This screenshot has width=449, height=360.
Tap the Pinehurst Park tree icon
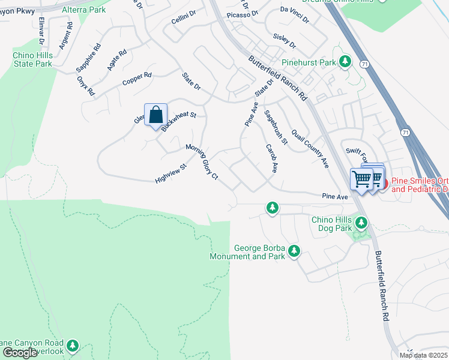point(345,61)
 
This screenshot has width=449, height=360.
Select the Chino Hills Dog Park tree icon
point(361,223)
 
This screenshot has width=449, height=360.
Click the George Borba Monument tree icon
point(294,251)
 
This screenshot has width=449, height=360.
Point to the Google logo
point(20,353)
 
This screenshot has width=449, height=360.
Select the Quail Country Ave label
point(310,148)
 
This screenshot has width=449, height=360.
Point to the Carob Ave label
point(271,158)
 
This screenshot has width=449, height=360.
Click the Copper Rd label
point(137,79)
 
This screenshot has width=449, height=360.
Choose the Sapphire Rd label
point(87,58)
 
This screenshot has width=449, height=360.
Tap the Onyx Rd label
point(86,86)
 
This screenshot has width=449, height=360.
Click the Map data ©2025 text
point(423,355)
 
